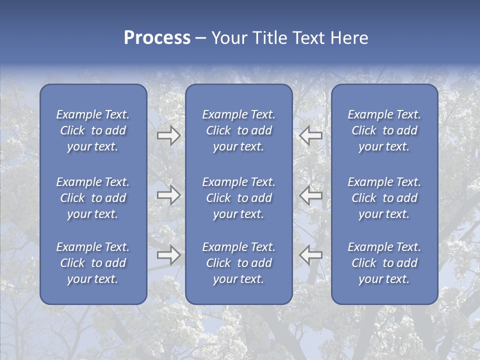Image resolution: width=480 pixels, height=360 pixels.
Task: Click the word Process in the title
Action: tap(157, 38)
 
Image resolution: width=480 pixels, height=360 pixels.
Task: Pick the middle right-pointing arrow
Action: tap(169, 195)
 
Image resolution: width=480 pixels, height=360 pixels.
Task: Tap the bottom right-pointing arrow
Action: tap(169, 255)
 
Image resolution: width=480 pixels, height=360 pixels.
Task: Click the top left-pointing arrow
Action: tap(311, 135)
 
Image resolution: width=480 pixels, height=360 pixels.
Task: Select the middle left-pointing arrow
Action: tap(311, 195)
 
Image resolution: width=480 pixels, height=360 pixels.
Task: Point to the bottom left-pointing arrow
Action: tap(311, 255)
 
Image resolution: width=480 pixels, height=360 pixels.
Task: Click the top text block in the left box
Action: tap(93, 130)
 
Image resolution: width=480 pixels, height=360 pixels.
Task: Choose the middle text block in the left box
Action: tap(93, 198)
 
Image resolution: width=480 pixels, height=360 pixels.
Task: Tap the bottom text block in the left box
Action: tap(93, 263)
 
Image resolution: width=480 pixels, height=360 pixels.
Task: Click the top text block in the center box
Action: tap(239, 130)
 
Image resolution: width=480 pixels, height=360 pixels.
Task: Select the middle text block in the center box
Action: tap(239, 198)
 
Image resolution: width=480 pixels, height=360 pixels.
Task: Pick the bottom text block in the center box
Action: tap(239, 263)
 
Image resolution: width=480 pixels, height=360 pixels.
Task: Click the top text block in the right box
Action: tap(384, 130)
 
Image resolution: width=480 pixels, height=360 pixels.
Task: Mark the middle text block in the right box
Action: tap(384, 198)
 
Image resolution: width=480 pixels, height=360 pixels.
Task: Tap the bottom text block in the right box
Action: tap(384, 263)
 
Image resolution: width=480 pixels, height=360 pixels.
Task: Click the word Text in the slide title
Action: tap(308, 38)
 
